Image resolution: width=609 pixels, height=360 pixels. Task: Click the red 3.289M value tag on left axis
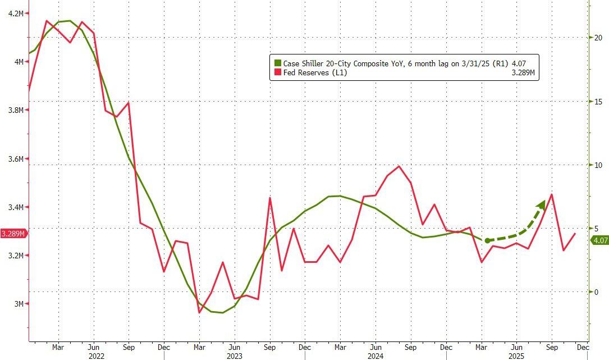point(12,234)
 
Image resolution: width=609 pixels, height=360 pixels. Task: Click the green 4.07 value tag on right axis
point(599,240)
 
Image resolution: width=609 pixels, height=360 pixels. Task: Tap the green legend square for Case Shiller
point(277,63)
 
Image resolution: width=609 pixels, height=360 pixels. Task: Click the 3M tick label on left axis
point(19,304)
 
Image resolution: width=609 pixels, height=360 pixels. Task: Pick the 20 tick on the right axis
point(598,38)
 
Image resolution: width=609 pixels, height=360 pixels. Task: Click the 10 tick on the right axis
point(598,165)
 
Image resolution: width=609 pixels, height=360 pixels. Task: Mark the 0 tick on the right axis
point(596,292)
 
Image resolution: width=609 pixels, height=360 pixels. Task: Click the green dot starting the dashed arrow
point(487,240)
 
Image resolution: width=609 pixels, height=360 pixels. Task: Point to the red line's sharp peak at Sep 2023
point(270,198)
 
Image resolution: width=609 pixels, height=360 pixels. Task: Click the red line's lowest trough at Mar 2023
point(199,312)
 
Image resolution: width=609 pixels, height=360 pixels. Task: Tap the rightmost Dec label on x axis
point(583,347)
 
